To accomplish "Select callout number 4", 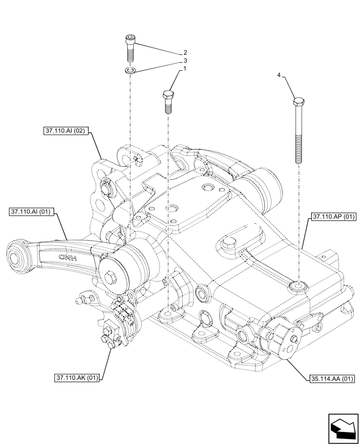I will point(279,76).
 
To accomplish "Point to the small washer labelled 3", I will point(130,70).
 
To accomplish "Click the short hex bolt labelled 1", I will point(168,102).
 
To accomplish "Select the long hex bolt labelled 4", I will point(299,132).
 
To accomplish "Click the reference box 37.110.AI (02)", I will point(67,131).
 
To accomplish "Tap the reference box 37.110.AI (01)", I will point(31,212).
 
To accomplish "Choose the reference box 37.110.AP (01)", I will point(333,217).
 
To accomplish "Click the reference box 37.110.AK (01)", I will point(77,378).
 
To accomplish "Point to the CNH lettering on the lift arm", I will point(68,258).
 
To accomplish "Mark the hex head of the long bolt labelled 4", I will point(299,102).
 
